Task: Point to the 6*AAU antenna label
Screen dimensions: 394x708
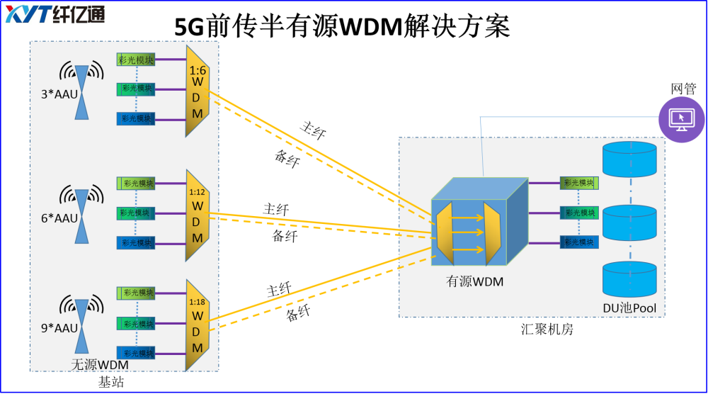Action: (59, 218)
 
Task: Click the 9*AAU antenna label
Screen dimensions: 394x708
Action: (59, 328)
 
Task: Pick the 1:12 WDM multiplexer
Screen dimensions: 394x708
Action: (197, 215)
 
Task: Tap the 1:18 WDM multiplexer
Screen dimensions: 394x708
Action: (197, 325)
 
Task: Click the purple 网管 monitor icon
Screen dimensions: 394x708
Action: (682, 118)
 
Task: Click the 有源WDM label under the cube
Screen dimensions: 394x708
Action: (474, 281)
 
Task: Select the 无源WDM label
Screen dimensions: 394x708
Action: (101, 365)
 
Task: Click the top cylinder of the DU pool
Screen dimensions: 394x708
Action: (629, 159)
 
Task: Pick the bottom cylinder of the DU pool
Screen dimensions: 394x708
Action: (629, 279)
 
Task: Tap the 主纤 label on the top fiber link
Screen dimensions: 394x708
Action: (313, 130)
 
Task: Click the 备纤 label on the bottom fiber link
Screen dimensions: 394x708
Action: (298, 314)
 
